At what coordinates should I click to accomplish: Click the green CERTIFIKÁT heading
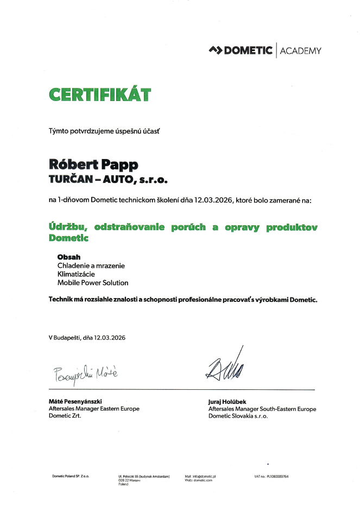click(x=100, y=94)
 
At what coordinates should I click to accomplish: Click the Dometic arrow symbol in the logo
click(x=216, y=51)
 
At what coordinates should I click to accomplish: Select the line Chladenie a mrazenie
click(x=91, y=265)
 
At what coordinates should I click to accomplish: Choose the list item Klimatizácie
click(x=77, y=274)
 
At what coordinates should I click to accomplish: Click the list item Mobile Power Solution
click(x=93, y=283)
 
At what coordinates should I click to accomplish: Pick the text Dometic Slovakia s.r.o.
click(x=238, y=416)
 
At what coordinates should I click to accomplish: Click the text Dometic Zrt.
click(x=65, y=416)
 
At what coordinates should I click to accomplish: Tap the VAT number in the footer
click(x=271, y=476)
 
